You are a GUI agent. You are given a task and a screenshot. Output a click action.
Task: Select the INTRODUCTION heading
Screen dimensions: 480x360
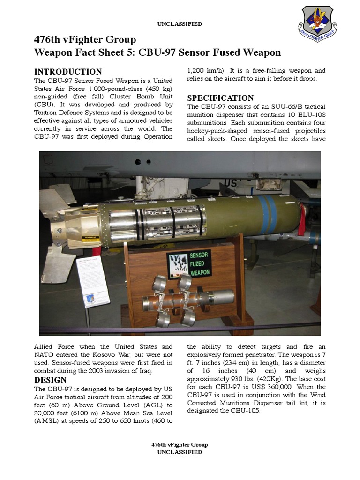click(68, 72)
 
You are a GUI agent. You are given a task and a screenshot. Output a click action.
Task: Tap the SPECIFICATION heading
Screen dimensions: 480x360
click(220, 98)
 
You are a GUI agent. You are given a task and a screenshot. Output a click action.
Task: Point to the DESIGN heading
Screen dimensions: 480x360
click(50, 380)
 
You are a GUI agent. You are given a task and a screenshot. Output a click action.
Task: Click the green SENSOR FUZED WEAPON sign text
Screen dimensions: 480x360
click(200, 264)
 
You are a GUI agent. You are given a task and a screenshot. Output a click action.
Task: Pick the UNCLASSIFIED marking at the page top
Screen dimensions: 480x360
click(180, 24)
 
